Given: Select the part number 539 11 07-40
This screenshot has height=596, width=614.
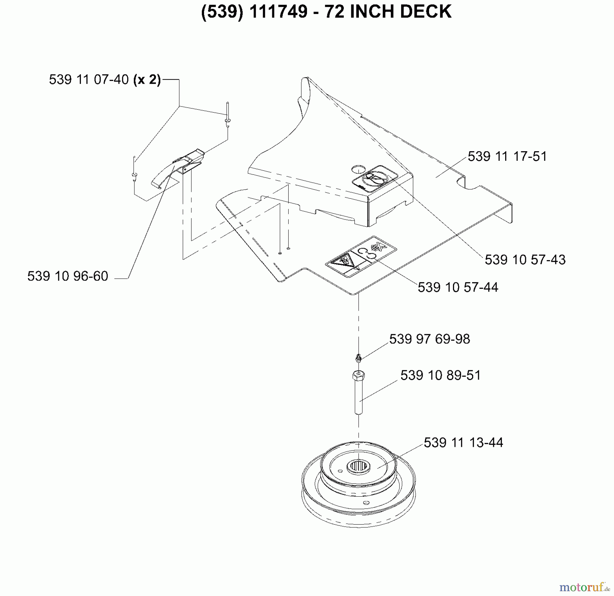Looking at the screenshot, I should (x=89, y=80).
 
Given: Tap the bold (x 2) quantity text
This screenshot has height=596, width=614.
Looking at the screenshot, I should (x=147, y=80).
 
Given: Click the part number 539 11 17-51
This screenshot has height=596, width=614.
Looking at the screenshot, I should (x=507, y=156).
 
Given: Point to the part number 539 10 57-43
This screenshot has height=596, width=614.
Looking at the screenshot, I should (x=525, y=260).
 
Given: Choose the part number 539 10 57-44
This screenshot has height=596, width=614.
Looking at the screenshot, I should (x=458, y=287).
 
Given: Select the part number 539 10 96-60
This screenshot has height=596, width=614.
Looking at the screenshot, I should (x=68, y=276).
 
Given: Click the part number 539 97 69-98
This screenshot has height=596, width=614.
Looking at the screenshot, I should (x=429, y=339).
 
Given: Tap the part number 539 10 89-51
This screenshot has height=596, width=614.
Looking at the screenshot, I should (x=440, y=375).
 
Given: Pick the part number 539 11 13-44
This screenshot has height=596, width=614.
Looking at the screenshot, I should (x=463, y=443).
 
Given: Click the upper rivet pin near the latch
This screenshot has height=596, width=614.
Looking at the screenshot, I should (x=228, y=116).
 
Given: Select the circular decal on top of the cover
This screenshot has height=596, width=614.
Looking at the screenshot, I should (x=375, y=178).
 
